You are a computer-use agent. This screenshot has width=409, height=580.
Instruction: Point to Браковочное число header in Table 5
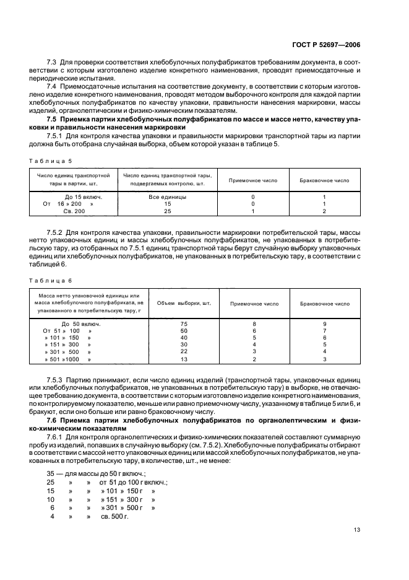click(324, 180)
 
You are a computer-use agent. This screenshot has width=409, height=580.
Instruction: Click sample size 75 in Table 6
click(184, 324)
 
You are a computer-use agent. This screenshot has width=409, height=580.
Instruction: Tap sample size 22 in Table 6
click(184, 351)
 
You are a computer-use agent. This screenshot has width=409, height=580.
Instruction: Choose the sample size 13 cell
click(184, 359)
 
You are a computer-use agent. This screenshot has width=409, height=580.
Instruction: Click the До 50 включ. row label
click(81, 324)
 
